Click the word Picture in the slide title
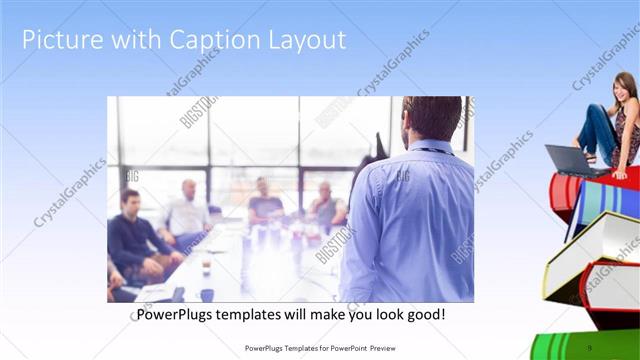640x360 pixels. click(59, 40)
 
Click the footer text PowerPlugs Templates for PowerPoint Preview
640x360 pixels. click(320, 348)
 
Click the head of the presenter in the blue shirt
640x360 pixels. click(431, 119)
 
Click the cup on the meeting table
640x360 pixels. click(205, 268)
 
